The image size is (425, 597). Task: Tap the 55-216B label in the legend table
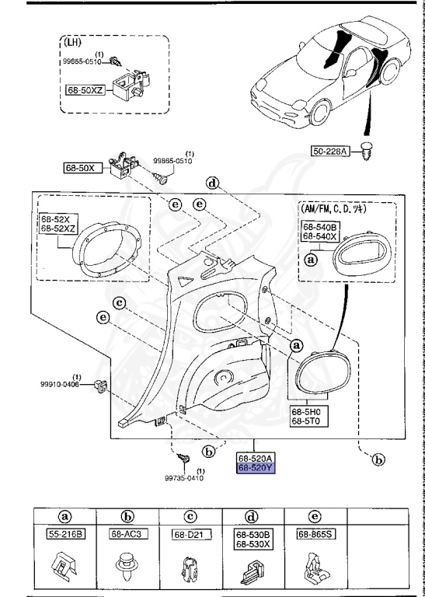[65, 534]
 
